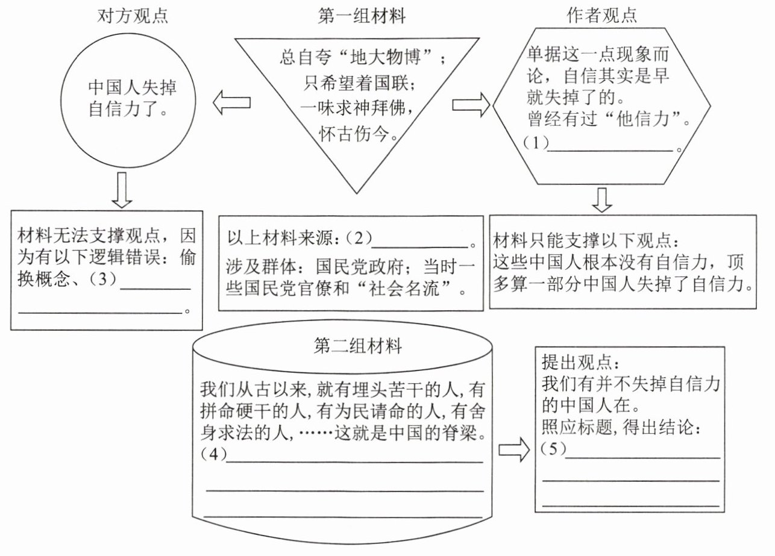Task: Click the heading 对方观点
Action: [x=133, y=16]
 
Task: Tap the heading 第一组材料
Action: [x=362, y=16]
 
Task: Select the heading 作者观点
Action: [x=601, y=16]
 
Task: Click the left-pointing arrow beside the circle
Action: [x=231, y=102]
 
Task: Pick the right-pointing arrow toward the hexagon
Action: [x=471, y=104]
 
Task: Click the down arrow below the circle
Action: [x=122, y=190]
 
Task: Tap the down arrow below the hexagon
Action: [x=602, y=200]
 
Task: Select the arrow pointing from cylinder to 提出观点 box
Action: [x=514, y=449]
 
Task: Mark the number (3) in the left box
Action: [x=103, y=279]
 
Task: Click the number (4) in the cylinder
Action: [x=214, y=454]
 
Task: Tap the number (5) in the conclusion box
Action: [x=554, y=449]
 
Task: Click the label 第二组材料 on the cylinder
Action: [x=358, y=346]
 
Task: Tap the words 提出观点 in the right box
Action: [x=576, y=363]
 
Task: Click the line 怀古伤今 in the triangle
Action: [x=354, y=134]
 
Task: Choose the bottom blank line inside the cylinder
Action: [x=344, y=517]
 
